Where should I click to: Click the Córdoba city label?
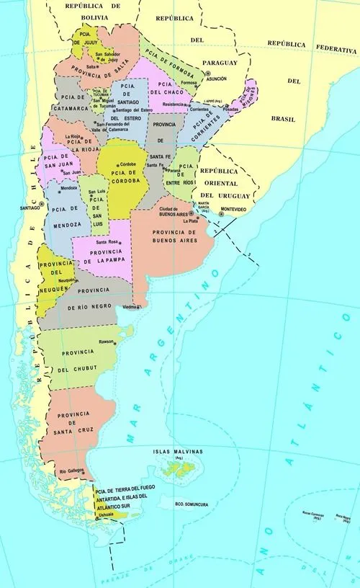pos(128,164)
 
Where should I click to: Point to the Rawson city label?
pos(106,341)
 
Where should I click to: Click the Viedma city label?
pos(130,306)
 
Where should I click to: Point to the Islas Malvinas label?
pos(178,452)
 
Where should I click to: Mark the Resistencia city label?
pos(173,104)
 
